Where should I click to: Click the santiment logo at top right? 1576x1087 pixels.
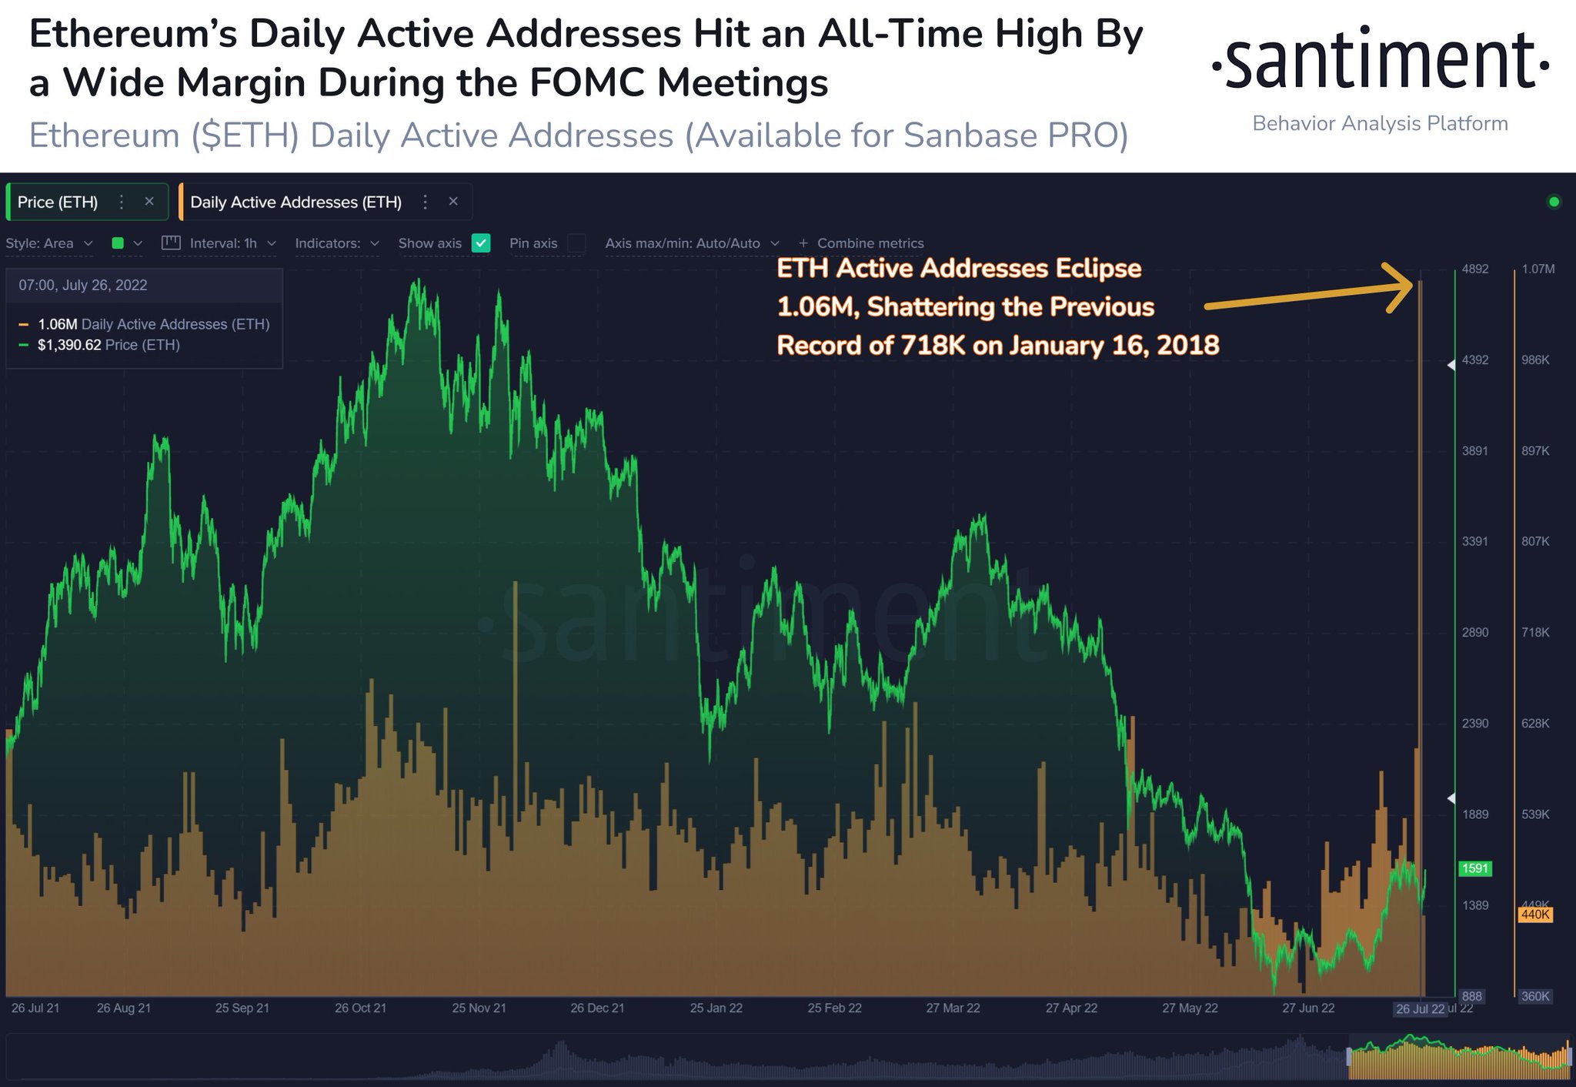tap(1380, 60)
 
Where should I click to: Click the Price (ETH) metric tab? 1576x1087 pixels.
tap(58, 202)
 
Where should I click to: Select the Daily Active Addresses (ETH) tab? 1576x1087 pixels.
tap(295, 202)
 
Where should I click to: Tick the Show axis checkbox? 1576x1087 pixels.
tap(481, 243)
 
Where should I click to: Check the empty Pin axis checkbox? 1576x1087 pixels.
tap(576, 243)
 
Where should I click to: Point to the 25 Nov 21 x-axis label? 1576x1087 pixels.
tap(479, 1008)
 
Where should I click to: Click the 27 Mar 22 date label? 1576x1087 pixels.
tap(953, 1008)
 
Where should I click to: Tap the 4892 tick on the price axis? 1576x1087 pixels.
tap(1474, 269)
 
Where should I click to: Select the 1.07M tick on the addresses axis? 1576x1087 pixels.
tap(1538, 269)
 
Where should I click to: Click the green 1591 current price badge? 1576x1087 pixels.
tap(1474, 868)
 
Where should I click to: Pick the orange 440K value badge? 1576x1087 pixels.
tap(1535, 915)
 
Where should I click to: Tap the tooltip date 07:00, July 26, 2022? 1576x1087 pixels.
tap(83, 285)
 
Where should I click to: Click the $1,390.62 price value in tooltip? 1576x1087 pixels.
tap(69, 345)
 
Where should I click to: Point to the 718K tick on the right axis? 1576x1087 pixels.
tap(1535, 632)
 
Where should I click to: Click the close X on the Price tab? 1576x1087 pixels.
tap(149, 202)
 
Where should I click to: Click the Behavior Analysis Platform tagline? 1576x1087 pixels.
tap(1380, 124)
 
